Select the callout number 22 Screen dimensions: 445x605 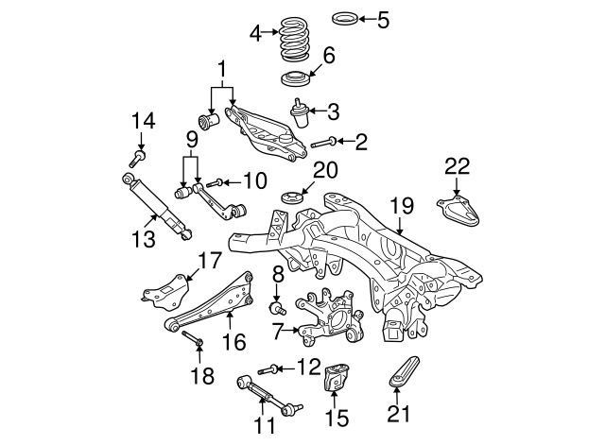click(x=457, y=167)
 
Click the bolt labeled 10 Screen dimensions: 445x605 click(x=214, y=181)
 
